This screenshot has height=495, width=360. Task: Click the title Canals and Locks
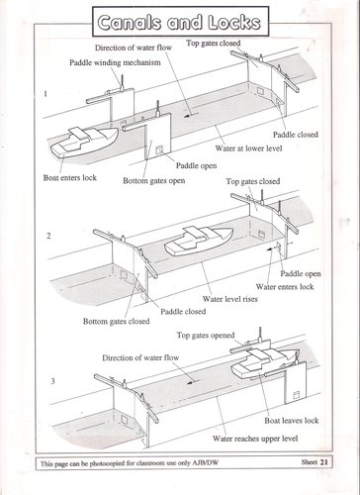[180, 23]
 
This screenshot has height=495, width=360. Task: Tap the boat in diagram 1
[84, 142]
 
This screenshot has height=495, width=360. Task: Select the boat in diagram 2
[199, 241]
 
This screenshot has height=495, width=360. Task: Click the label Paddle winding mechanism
[115, 62]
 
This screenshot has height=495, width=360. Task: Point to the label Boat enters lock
[70, 177]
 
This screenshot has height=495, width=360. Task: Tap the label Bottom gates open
[154, 181]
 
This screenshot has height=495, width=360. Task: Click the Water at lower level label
[248, 148]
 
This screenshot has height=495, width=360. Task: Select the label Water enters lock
[285, 287]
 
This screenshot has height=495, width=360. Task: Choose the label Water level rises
[230, 299]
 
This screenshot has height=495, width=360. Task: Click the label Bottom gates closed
[117, 322]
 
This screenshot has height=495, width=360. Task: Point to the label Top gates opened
[206, 336]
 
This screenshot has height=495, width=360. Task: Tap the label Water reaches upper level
[255, 439]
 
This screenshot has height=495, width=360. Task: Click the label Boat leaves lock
[292, 421]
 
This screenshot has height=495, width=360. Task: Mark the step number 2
[48, 236]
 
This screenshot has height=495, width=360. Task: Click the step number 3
[52, 381]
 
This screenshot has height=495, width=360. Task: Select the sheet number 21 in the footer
[324, 462]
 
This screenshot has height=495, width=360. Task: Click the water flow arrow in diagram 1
[192, 115]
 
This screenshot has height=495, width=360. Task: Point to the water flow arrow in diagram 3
[193, 382]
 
